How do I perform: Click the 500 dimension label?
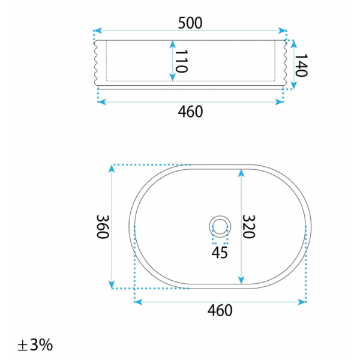[190, 23]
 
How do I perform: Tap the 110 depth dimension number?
[182, 61]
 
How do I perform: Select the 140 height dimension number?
[301, 65]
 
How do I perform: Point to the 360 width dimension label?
[103, 227]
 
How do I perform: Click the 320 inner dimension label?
[248, 227]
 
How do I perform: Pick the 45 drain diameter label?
[220, 253]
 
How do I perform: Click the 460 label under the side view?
[190, 112]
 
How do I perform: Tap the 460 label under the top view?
[220, 310]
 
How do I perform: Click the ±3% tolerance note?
[35, 345]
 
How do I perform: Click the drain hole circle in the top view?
[220, 216]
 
